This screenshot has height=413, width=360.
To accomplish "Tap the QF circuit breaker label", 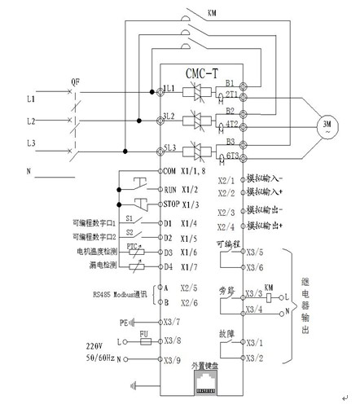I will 75,82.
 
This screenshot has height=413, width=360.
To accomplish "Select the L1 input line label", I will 30,97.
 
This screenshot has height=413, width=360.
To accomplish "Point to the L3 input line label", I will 30,144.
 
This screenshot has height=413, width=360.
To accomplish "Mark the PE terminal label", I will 100,322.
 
